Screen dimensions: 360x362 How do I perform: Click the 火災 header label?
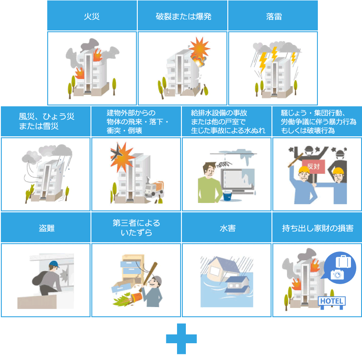(x=92, y=17)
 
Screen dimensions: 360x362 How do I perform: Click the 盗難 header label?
(x=46, y=229)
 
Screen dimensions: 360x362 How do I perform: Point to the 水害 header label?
(x=227, y=229)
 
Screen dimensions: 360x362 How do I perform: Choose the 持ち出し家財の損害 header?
(x=317, y=229)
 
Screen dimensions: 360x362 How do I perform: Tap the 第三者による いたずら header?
(x=136, y=228)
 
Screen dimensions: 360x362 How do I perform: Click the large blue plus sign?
(x=181, y=339)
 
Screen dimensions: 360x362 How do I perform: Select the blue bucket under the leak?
(x=227, y=195)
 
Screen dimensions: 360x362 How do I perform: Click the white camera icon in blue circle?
(x=337, y=274)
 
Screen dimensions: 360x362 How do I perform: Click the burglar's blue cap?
(x=54, y=265)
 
